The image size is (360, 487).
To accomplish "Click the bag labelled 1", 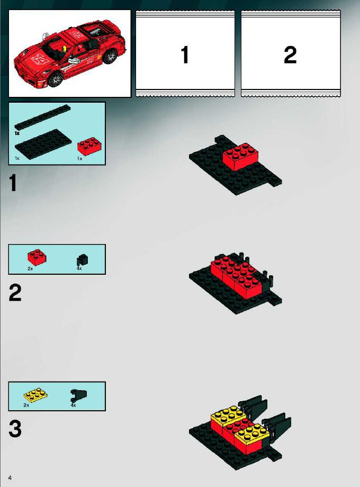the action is point(185,54).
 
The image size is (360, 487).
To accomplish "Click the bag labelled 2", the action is point(291,54).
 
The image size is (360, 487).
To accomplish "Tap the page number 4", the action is point(10,477).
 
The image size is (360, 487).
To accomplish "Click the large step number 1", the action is point(13,183).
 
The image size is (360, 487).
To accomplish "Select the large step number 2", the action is point(15,293).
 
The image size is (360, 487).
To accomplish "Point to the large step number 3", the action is point(15,429).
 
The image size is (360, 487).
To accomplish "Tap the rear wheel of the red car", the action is point(110,56).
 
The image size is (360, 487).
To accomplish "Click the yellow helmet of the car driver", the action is point(65,49).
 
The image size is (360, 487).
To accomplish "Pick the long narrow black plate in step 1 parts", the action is point(42,118).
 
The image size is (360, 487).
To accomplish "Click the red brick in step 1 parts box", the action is point(88,146).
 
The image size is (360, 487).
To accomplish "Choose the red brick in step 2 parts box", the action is point(37,257).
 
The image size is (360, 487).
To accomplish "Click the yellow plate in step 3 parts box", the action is point(35,395).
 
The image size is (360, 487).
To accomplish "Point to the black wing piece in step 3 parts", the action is point(78,395).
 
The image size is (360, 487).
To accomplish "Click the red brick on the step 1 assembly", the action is point(241,156).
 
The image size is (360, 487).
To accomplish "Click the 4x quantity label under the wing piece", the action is point(73,405).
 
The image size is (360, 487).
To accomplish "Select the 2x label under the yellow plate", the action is point(26,405).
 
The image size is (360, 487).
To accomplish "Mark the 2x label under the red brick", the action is point(30,269).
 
